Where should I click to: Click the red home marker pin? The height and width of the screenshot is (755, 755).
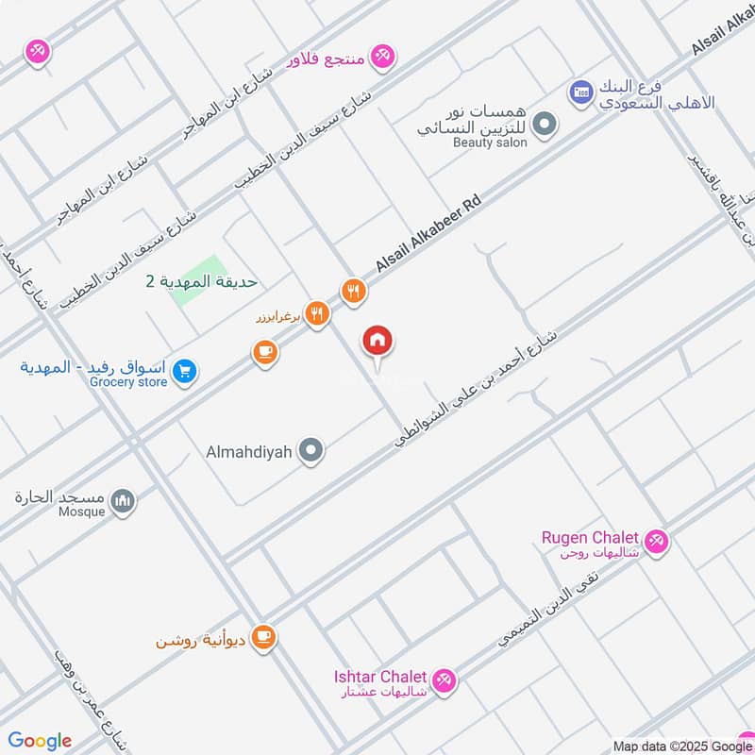377,342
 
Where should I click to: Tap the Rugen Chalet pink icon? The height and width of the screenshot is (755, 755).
658,542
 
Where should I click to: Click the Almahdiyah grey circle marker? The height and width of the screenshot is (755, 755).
310,451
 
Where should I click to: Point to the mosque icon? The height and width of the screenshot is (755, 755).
123,502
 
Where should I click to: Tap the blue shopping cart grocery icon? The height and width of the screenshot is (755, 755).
184,372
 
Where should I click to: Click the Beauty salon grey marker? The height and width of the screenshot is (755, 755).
544,124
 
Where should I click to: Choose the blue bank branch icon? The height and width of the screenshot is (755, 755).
579,92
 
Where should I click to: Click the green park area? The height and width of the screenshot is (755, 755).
197,280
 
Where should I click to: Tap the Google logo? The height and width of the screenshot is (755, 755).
40,741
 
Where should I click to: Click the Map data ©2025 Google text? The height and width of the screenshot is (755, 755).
682,745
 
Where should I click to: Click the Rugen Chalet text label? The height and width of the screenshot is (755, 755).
590,537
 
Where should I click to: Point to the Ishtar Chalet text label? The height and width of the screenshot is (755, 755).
379,677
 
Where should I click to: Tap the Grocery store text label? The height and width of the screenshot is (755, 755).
128,382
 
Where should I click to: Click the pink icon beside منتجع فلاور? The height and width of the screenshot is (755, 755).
382,56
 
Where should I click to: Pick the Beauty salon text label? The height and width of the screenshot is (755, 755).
490,143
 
